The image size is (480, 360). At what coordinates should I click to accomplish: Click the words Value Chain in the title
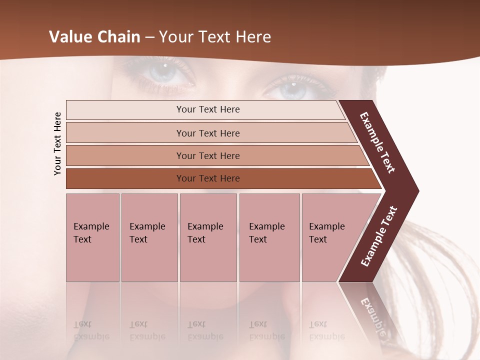[94, 37]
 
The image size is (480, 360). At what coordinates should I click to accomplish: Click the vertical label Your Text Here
[57, 143]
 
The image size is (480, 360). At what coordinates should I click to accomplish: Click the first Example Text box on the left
[92, 237]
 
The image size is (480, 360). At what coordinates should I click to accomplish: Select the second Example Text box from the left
[149, 237]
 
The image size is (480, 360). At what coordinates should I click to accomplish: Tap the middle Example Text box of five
[208, 237]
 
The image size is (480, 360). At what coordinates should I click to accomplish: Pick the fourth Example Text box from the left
[269, 237]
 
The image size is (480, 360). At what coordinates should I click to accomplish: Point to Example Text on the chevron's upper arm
[378, 142]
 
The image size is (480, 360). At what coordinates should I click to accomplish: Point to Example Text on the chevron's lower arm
[379, 236]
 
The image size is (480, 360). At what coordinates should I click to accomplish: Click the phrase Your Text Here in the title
[215, 37]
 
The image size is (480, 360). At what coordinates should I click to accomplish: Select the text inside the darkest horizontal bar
[208, 178]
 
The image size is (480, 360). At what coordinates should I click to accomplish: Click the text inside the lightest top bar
[208, 109]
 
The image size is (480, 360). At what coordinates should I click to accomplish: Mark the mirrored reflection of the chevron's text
[372, 315]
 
